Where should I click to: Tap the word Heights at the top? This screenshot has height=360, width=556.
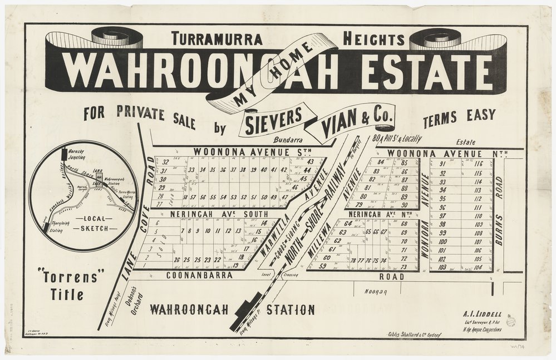point(373,39)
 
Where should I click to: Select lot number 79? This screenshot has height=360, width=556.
point(365,204)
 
